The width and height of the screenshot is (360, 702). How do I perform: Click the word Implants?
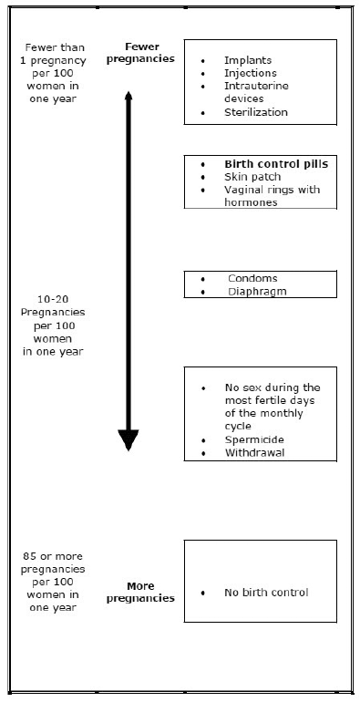pos(248,60)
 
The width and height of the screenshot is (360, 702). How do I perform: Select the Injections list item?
pos(251,73)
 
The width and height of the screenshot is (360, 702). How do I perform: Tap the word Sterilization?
pos(256,112)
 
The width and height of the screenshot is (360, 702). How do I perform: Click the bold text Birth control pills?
pos(276,164)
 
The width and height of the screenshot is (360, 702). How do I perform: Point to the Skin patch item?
pos(252,177)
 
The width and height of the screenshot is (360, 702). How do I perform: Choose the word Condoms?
pos(252,278)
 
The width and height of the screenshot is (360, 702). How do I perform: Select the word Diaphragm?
pos(257,292)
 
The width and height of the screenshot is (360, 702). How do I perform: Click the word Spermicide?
pos(254,439)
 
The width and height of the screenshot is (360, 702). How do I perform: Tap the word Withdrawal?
pos(254,452)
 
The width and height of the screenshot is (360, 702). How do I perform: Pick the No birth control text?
pos(266,593)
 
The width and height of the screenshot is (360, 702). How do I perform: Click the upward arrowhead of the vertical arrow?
pos(129,96)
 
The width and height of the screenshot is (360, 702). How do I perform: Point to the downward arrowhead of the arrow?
pos(129,439)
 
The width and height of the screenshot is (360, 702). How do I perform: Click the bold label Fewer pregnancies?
pos(140,53)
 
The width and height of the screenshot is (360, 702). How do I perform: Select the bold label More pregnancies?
pos(140,592)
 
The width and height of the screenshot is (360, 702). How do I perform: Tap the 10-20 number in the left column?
pos(53,299)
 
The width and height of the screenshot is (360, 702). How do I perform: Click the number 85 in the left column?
pos(29,556)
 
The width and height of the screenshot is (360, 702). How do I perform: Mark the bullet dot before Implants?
pos(203,60)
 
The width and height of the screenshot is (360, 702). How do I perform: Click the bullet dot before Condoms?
pos(203,278)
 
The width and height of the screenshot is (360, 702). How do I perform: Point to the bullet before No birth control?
pos(203,593)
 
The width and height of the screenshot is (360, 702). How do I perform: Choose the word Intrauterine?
pos(257,86)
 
